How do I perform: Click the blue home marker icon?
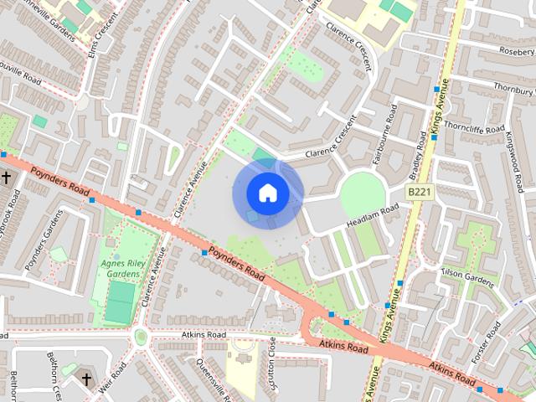pyautogui.click(x=267, y=193)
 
